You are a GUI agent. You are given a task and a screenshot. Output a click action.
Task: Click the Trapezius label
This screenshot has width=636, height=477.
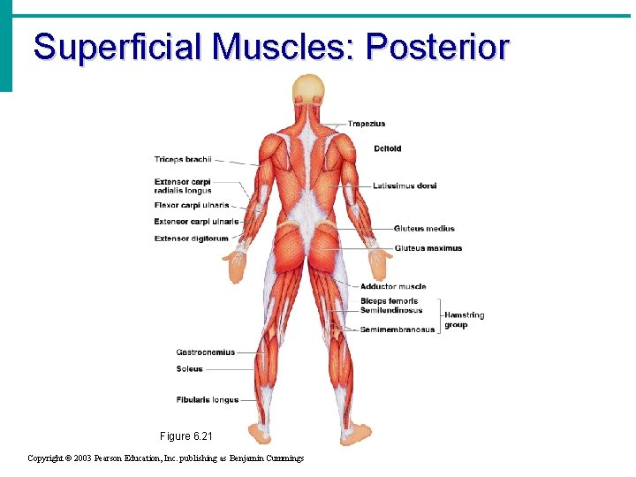point(367,124)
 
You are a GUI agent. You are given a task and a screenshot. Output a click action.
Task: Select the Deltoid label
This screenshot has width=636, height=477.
point(387,148)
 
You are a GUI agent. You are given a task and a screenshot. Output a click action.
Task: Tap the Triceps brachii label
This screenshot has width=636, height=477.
point(183,160)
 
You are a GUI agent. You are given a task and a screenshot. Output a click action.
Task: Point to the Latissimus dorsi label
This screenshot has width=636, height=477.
point(405,185)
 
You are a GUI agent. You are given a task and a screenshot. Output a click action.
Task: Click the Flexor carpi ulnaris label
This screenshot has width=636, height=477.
point(191,206)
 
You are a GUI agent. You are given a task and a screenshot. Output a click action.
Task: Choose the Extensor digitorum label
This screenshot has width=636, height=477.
point(191,238)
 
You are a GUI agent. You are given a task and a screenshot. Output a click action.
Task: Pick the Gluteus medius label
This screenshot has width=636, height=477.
point(424,228)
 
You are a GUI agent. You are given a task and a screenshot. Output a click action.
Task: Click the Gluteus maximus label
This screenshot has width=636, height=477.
point(428,248)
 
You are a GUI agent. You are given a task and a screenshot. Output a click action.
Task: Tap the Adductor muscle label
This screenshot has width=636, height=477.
point(393,286)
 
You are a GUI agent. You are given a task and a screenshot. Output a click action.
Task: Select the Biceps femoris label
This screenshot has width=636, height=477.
point(389,301)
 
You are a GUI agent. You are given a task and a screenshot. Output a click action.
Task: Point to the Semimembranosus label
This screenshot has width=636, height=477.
point(397,329)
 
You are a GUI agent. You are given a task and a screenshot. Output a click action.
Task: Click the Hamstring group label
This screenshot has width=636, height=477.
point(464,320)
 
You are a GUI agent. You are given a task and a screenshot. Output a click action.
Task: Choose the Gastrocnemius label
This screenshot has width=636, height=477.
point(205,352)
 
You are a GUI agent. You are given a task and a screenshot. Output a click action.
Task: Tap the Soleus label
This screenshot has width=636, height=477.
point(189,369)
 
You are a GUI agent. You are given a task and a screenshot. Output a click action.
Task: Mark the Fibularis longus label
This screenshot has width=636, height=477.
point(207,400)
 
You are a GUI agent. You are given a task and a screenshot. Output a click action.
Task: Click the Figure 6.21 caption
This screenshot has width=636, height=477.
point(186,436)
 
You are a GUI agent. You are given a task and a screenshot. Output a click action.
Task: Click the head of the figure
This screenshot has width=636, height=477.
point(309,89)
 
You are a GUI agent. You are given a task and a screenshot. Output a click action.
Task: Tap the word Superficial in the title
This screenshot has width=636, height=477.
point(118,47)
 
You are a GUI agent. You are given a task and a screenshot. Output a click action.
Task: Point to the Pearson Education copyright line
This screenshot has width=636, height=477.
point(166,458)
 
